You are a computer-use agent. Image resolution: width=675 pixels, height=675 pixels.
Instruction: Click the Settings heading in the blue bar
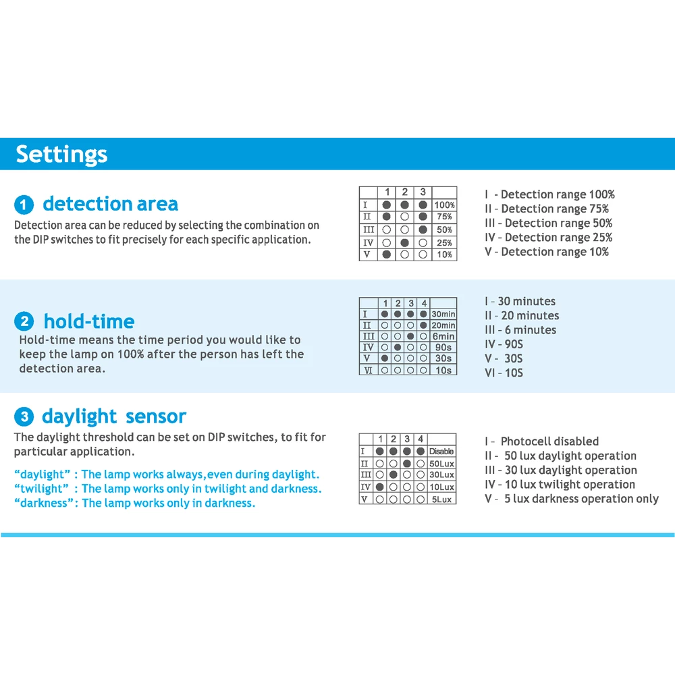pyautogui.click(x=61, y=154)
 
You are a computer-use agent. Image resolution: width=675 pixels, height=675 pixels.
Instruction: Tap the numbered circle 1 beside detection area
pyautogui.click(x=24, y=205)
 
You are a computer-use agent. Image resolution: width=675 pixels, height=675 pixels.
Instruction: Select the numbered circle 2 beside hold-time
pyautogui.click(x=24, y=322)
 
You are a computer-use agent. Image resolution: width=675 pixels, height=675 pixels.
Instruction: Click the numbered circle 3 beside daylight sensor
pyautogui.click(x=24, y=417)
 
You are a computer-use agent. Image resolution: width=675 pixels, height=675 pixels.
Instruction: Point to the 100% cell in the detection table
pyautogui.click(x=444, y=205)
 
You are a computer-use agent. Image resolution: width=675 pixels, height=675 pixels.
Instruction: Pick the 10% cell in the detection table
pyautogui.click(x=444, y=254)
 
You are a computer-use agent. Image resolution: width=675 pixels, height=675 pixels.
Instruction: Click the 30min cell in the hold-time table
pyautogui.click(x=443, y=314)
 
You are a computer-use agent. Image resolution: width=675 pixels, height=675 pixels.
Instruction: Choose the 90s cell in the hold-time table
pyautogui.click(x=443, y=347)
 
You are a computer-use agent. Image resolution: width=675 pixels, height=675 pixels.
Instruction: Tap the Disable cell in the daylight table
pyautogui.click(x=441, y=451)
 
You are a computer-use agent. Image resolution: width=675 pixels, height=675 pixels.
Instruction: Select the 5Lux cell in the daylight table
pyautogui.click(x=441, y=500)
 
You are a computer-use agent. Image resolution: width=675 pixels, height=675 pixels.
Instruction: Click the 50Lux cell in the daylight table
pyautogui.click(x=441, y=464)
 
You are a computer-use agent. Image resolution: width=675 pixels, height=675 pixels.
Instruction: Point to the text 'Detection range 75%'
pyautogui.click(x=546, y=209)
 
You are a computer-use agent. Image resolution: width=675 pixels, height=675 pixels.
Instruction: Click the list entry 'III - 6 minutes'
pyautogui.click(x=520, y=330)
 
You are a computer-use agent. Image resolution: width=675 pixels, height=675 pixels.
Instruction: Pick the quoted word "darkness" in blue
pyautogui.click(x=43, y=504)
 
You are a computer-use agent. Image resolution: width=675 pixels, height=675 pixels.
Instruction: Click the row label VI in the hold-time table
pyautogui.click(x=367, y=370)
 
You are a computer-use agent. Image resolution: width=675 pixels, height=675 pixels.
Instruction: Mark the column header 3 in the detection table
pyautogui.click(x=423, y=192)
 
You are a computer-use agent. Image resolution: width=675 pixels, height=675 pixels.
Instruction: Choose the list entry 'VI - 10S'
pyautogui.click(x=504, y=373)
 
